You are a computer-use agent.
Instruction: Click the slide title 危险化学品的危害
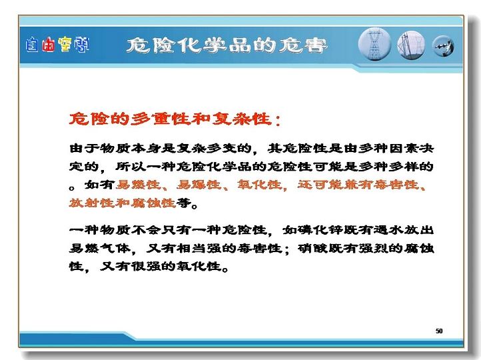tap(227, 46)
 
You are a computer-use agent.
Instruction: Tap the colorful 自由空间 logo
tap(57, 45)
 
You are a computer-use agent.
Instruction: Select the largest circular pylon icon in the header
tap(374, 44)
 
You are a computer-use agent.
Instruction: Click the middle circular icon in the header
tap(411, 45)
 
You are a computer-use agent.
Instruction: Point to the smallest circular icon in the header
tap(443, 47)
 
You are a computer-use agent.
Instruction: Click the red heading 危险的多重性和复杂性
tap(171, 119)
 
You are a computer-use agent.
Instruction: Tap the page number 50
tap(439, 331)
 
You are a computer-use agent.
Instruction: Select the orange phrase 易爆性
tap(199, 185)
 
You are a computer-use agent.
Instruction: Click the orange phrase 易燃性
tap(139, 185)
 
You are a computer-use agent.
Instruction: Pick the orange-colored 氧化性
tap(260, 185)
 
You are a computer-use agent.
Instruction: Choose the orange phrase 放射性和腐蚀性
tap(123, 203)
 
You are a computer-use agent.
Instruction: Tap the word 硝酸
tap(312, 248)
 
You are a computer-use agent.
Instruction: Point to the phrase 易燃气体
tap(100, 248)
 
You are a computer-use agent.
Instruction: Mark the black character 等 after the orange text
tap(183, 203)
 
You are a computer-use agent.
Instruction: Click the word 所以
tap(131, 167)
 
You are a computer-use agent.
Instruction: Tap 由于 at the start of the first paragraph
tap(85, 149)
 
